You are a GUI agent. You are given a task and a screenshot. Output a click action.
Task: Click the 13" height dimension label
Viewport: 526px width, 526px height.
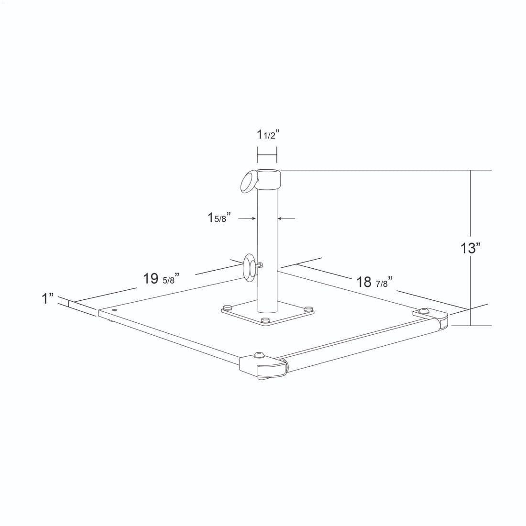click(x=471, y=248)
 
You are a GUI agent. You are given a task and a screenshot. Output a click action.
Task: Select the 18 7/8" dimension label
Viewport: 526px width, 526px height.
click(x=374, y=282)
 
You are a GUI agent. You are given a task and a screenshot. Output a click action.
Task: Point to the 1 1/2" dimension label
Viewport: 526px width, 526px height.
click(x=268, y=134)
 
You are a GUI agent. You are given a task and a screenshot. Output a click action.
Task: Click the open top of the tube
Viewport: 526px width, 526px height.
click(x=267, y=174)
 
